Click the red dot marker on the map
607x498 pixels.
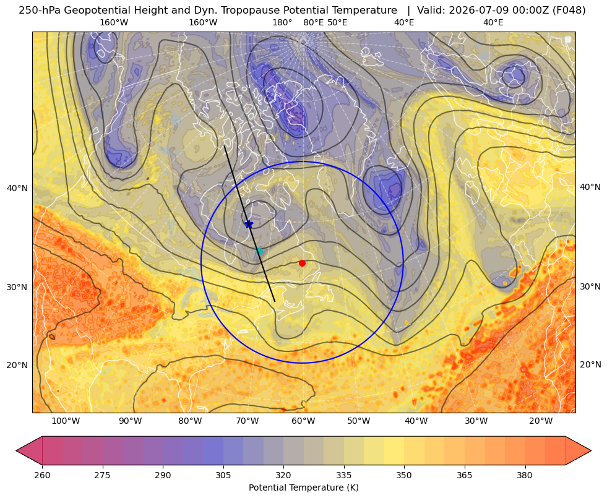tap(302, 263)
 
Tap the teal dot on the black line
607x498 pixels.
tap(259, 252)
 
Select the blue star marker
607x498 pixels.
tap(249, 224)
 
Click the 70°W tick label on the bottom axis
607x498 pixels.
tap(248, 421)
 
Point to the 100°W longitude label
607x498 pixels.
tap(66, 421)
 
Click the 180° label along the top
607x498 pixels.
tap(282, 22)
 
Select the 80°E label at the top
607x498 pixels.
tap(314, 22)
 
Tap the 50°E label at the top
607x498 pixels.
tap(337, 22)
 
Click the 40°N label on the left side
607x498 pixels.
tap(17, 188)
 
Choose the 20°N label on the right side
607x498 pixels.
tap(590, 364)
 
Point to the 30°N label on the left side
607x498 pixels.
tap(17, 287)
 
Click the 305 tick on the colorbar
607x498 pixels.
tap(223, 474)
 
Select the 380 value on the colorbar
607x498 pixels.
tap(525, 474)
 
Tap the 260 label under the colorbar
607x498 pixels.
tap(42, 474)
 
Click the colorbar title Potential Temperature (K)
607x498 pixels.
tap(303, 487)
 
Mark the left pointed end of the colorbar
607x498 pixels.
tap(16, 450)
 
